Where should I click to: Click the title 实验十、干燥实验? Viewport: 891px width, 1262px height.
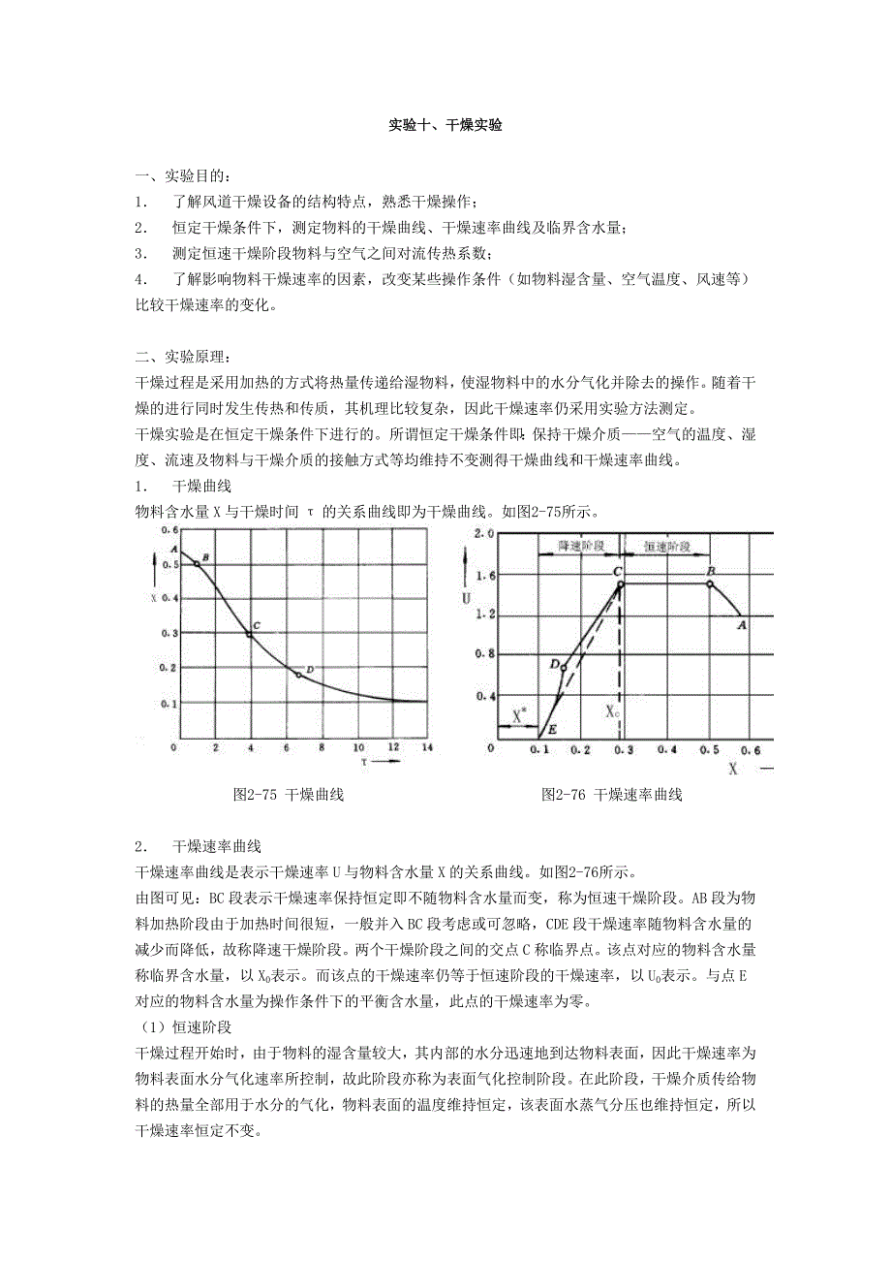445,126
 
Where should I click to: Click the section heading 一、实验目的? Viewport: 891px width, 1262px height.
184,176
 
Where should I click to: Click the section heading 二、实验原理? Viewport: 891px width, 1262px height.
184,359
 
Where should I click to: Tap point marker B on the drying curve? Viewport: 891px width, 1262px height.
197,563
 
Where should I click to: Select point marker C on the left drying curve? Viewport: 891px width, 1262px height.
250,634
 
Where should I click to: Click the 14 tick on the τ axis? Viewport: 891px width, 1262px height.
426,748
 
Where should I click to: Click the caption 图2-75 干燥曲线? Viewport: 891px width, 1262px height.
290,795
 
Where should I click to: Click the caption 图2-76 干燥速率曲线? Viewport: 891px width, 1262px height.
612,795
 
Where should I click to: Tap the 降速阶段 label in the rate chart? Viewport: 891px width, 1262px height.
581,547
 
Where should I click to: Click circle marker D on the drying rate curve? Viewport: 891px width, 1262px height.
565,667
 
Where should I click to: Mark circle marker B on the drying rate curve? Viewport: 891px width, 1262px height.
710,584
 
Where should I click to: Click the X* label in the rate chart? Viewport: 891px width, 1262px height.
520,715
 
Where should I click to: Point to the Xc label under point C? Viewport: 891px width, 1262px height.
613,710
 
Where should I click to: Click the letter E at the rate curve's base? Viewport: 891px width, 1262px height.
552,729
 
